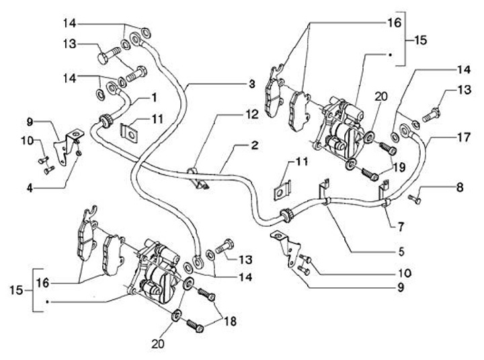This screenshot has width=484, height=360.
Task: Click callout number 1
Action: tap(154, 97)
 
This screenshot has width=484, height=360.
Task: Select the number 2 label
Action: tap(255, 145)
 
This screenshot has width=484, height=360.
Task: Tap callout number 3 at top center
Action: tap(251, 84)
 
